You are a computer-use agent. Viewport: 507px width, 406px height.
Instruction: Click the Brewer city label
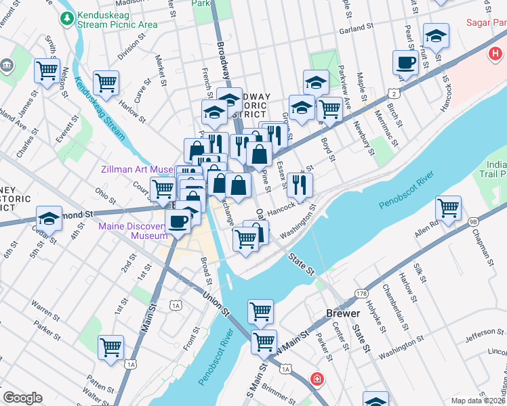point(339,315)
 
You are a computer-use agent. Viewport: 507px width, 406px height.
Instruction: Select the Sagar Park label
point(485,22)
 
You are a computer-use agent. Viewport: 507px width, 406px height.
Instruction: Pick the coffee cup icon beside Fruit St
point(406,62)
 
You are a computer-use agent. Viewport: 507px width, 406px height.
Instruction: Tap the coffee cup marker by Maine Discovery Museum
point(178,221)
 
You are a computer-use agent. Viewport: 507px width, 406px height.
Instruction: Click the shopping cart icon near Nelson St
point(47,70)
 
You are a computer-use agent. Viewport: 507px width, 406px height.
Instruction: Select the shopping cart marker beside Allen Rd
point(448,207)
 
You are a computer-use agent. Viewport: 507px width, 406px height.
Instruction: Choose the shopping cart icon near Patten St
point(110,346)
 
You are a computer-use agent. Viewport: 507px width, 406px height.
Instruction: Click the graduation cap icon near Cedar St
point(49,219)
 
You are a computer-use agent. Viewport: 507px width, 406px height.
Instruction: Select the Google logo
point(22,398)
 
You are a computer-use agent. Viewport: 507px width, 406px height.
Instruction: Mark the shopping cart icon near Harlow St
point(106,82)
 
